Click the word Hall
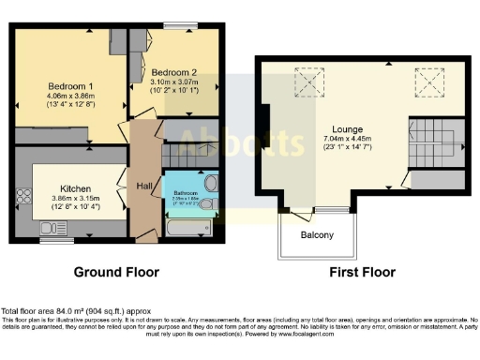tap(144, 185)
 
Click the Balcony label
tap(317, 234)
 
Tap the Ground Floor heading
tap(116, 272)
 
